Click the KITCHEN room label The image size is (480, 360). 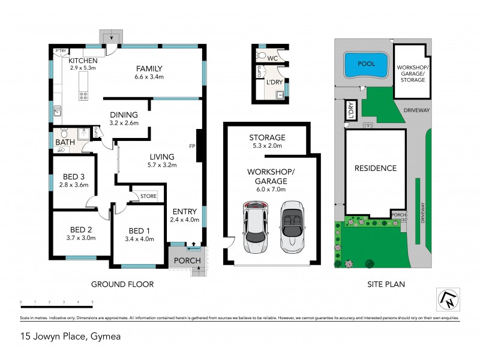83,61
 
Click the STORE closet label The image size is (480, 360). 148,196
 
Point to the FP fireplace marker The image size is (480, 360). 192,146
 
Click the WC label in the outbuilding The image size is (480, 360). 272,58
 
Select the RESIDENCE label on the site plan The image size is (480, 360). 375,168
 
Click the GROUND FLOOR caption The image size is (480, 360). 122,284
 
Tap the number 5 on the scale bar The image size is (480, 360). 92,302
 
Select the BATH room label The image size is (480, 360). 64,142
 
